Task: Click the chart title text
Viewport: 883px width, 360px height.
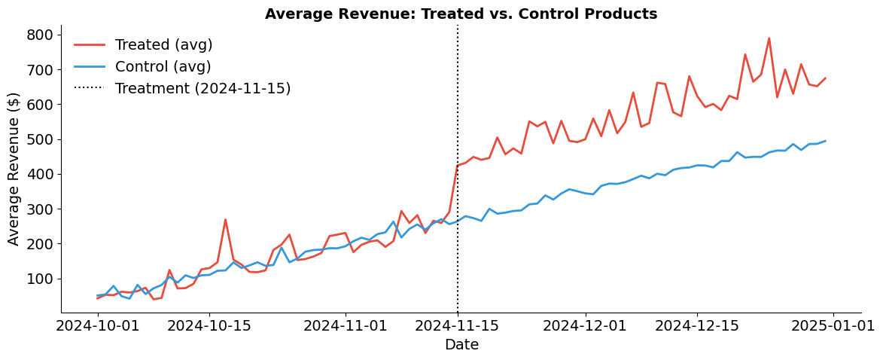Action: click(x=461, y=14)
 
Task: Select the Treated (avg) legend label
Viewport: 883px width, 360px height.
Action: click(x=163, y=45)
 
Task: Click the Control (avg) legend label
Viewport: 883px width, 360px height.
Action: click(x=163, y=67)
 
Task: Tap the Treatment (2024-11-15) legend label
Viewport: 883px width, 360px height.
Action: click(x=202, y=89)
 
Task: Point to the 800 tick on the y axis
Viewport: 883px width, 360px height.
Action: click(x=38, y=35)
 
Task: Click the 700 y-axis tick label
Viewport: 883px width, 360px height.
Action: click(x=38, y=70)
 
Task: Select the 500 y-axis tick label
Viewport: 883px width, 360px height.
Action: click(x=38, y=139)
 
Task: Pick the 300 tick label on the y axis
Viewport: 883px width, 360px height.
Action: click(x=38, y=209)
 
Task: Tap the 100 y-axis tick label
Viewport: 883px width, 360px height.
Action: click(x=38, y=279)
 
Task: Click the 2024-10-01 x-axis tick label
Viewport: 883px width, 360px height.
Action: click(x=98, y=326)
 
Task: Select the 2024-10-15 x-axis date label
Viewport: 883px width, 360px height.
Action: click(x=209, y=326)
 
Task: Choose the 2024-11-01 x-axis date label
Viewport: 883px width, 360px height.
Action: click(x=345, y=326)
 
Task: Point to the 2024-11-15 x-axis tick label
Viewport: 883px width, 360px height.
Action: click(x=457, y=326)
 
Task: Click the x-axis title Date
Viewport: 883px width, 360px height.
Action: click(x=461, y=345)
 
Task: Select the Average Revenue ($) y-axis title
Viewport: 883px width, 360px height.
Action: click(x=14, y=169)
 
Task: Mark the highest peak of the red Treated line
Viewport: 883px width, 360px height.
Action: click(x=769, y=38)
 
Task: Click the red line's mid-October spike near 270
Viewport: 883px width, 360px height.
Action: click(x=225, y=220)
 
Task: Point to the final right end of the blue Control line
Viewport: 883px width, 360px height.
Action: click(x=825, y=141)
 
